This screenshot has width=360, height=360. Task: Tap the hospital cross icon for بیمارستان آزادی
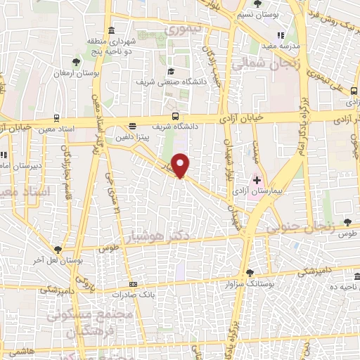[x=257, y=180]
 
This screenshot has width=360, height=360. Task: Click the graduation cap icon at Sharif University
[x=172, y=71]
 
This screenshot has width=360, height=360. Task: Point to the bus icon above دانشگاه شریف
[x=175, y=117]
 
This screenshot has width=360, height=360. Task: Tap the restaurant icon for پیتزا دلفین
[x=132, y=127]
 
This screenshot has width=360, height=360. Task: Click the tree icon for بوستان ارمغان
[x=76, y=62]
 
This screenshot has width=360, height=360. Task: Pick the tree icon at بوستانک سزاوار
[x=250, y=273]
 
